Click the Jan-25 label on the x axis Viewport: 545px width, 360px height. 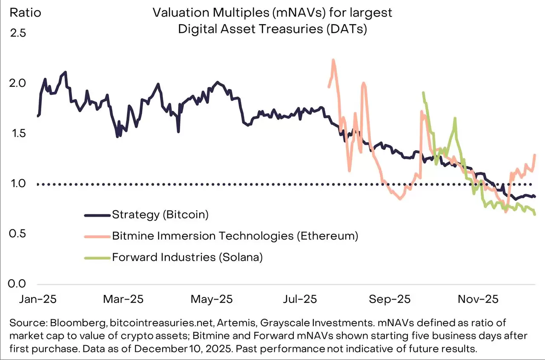[x=37, y=299]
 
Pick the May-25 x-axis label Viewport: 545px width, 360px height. [x=212, y=299]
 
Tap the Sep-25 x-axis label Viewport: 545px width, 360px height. [x=390, y=299]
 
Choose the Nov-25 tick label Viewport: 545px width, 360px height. [x=478, y=299]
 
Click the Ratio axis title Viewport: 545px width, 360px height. [x=26, y=13]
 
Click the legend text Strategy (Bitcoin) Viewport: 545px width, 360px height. [x=160, y=214]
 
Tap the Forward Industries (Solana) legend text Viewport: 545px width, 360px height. [x=188, y=257]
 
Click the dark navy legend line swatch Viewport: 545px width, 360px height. [x=97, y=215]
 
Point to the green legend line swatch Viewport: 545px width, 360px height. [x=97, y=257]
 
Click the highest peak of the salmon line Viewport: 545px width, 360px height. [x=333, y=60]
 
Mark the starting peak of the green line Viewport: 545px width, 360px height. [x=423, y=93]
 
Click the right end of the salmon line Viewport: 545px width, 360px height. [x=534, y=155]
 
